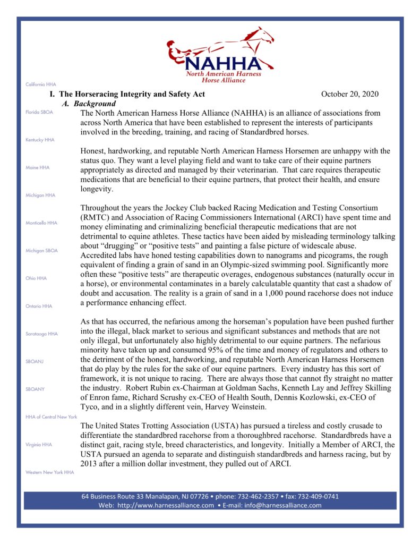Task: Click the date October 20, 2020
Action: pos(350,94)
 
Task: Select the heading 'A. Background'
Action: pos(90,104)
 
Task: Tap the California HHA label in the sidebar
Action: pos(40,84)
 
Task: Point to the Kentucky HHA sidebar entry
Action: pos(40,140)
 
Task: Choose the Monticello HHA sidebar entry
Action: pos(41,223)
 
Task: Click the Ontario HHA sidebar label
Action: pos(39,306)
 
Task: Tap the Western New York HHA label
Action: pos(49,472)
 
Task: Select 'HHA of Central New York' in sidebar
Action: pos(51,416)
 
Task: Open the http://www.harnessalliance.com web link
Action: pos(166,505)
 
